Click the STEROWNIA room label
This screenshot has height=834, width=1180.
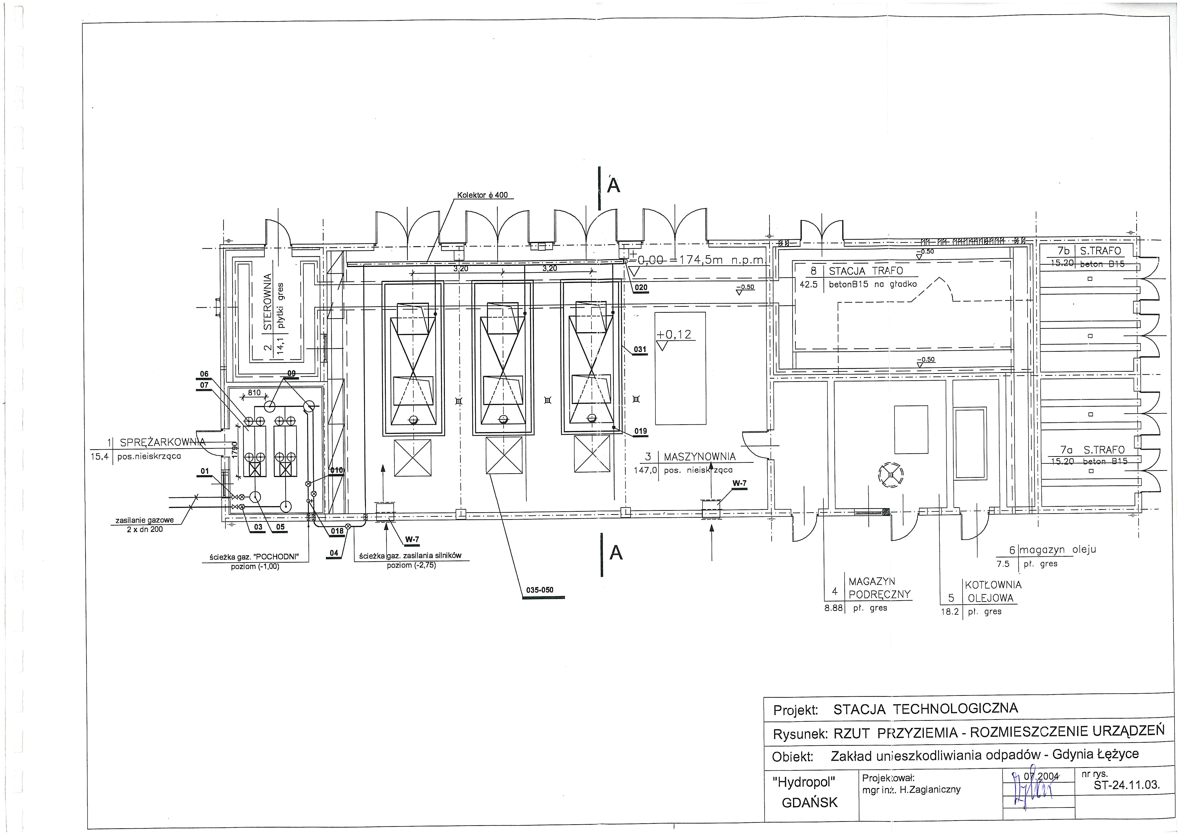[x=267, y=303]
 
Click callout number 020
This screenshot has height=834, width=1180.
[x=641, y=288]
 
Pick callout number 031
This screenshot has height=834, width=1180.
[x=640, y=349]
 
